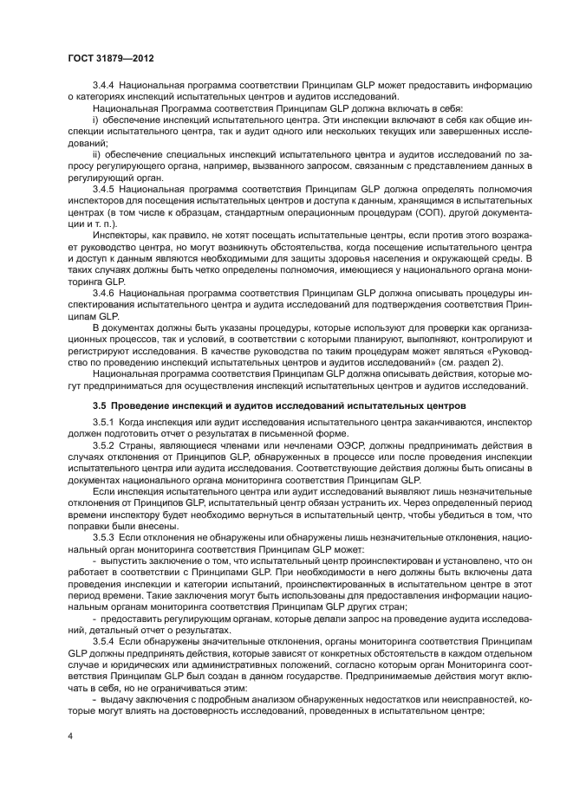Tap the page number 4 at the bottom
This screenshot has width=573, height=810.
[x=70, y=735]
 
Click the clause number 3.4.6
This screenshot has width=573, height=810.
[x=105, y=294]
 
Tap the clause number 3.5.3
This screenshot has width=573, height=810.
[x=105, y=537]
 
